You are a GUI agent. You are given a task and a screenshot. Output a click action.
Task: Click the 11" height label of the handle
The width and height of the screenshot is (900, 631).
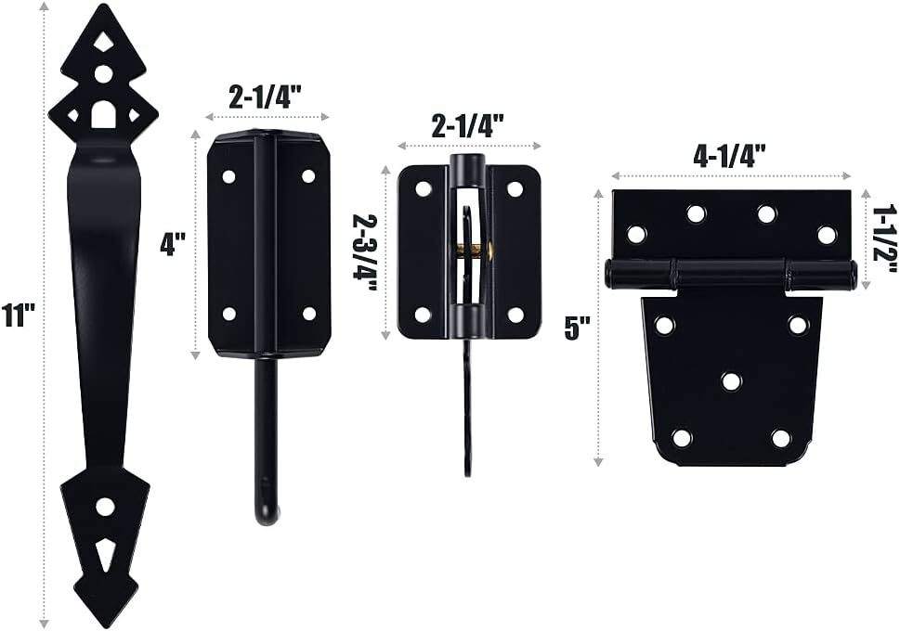pos(18,315)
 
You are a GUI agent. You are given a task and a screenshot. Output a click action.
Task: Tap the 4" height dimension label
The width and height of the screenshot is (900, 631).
pos(172,244)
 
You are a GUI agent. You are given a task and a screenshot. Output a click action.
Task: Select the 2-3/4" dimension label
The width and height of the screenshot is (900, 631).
pos(365,254)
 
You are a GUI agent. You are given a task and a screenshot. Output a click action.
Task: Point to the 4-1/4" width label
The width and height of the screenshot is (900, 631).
pos(729,156)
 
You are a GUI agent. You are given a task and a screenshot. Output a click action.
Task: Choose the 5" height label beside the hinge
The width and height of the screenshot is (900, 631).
pos(578,328)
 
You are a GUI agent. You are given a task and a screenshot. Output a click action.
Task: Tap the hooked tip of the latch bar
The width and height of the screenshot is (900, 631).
pos(267,512)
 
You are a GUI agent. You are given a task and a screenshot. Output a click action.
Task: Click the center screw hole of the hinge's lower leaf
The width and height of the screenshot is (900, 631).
pos(731,381)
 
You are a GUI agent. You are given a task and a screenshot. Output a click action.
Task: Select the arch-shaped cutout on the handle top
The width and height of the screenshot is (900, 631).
pos(103,114)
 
